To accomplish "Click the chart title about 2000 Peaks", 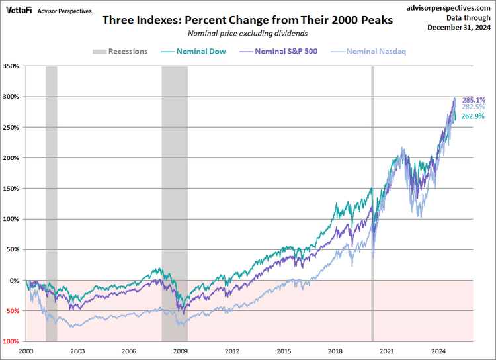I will [247, 21].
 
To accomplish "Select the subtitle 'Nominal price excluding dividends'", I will [247, 33].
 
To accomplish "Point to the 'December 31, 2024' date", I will [459, 27].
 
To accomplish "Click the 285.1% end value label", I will [473, 99].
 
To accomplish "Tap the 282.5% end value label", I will [473, 107].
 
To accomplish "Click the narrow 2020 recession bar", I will [372, 199].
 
